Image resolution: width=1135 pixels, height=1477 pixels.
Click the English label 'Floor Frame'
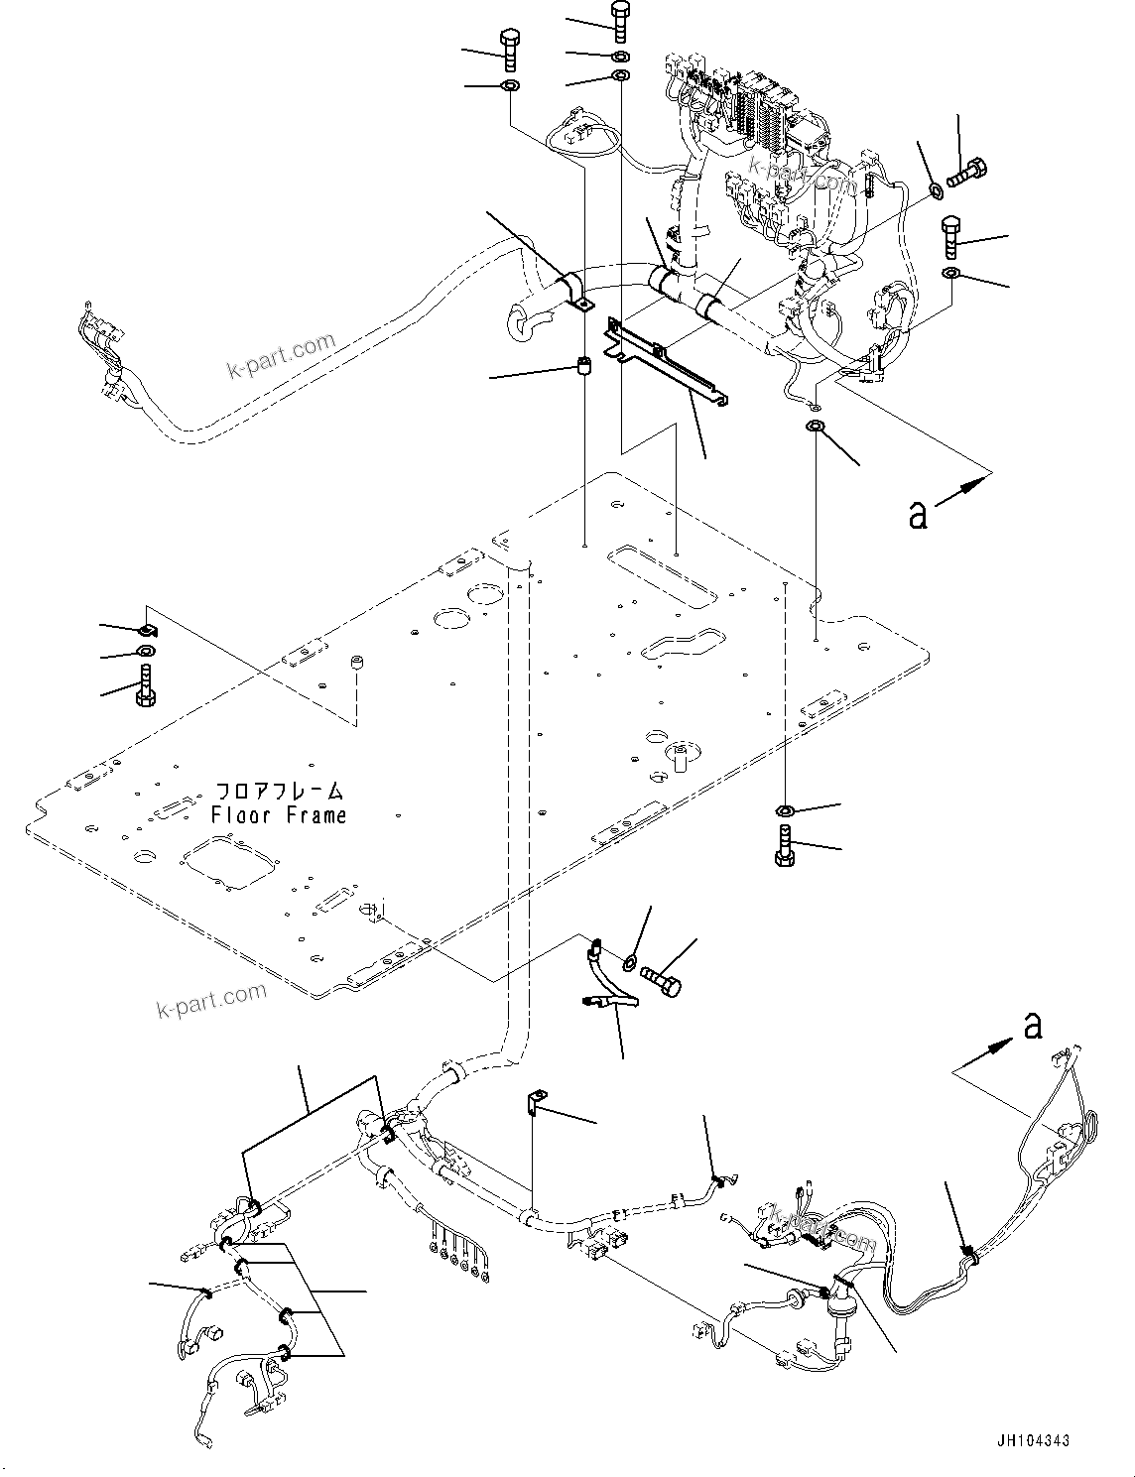279,815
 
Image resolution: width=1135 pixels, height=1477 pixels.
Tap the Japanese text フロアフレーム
280,792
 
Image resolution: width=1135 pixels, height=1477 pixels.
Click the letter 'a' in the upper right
919,514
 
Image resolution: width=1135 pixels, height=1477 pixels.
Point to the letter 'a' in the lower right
1033,1025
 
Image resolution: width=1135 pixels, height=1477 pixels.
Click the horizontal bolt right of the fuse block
960,176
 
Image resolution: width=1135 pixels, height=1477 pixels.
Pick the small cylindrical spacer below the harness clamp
584,370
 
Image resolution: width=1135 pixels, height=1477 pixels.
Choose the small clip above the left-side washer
146,629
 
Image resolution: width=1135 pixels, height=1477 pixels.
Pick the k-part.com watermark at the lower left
211,999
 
